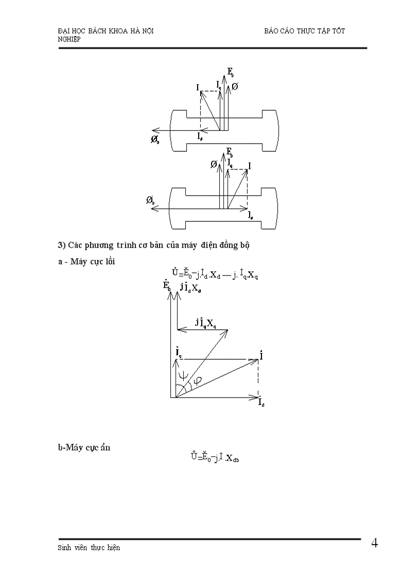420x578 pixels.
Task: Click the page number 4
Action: (374, 544)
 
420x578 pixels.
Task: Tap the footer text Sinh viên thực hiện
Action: (89, 548)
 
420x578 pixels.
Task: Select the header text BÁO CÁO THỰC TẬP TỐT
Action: (304, 31)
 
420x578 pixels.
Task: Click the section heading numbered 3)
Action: (153, 245)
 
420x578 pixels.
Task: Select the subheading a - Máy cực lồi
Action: (86, 261)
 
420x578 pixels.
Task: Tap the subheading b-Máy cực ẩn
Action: (84, 447)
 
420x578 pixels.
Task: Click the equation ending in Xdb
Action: (214, 457)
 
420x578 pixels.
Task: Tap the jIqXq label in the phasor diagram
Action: (206, 323)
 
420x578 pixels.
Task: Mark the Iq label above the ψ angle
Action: (178, 353)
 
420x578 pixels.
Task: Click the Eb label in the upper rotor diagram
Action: (230, 73)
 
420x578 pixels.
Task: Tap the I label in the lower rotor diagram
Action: (250, 166)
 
